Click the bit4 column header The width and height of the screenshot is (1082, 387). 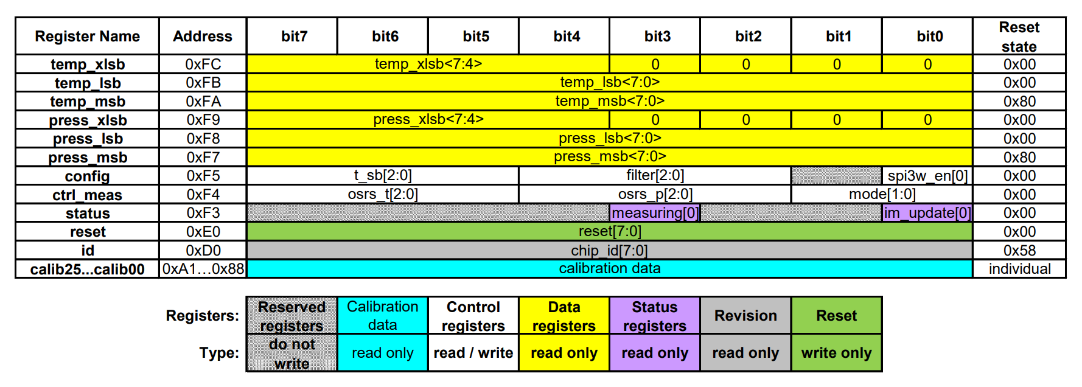566,37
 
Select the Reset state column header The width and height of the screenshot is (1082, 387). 1019,37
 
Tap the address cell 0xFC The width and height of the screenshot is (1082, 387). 203,64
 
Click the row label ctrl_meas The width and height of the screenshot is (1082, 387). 87,195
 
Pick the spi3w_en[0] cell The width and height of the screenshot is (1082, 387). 927,176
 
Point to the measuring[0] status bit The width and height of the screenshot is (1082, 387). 655,213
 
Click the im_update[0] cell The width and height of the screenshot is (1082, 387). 927,213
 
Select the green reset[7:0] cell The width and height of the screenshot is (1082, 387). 609,232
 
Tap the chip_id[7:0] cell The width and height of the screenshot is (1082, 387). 609,251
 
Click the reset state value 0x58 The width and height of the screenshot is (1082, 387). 1019,251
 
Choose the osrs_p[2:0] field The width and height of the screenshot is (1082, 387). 655,195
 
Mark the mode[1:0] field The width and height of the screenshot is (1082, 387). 882,195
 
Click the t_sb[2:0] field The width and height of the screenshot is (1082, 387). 383,176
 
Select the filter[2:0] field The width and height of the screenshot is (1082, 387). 655,176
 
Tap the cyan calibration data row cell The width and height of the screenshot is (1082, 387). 609,269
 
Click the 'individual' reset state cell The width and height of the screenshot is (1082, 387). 1019,269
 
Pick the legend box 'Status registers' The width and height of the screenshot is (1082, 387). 655,316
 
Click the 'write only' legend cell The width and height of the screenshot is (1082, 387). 836,353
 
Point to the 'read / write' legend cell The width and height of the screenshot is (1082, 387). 473,353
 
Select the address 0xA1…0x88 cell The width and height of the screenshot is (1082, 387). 203,269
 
